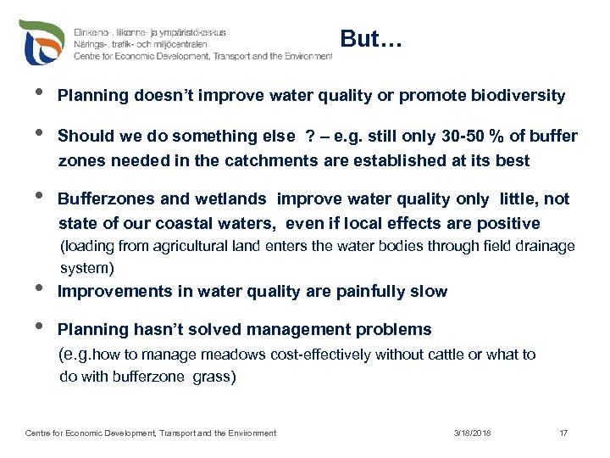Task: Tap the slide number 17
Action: coord(563,433)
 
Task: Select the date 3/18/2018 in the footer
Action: coord(472,433)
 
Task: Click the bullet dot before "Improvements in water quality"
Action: coord(31,288)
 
